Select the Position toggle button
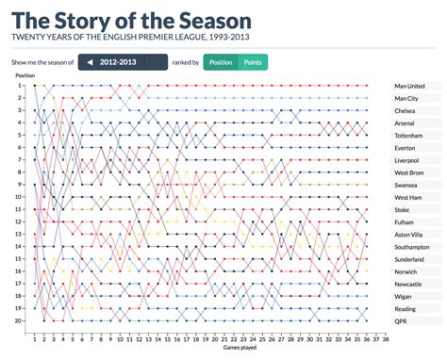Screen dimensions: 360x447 221,62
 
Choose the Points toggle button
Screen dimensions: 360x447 253,62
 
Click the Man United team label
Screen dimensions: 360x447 412,86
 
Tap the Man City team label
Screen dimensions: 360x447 410,98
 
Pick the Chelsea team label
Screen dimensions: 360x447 407,110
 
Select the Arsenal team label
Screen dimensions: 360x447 407,123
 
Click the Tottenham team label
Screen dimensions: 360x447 411,135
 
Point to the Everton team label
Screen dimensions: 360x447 407,147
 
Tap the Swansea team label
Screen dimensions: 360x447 408,185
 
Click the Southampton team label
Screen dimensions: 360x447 415,246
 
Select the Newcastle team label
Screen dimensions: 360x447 411,284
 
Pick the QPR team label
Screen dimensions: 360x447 403,320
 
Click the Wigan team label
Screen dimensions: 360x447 406,296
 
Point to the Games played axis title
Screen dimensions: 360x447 205,349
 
